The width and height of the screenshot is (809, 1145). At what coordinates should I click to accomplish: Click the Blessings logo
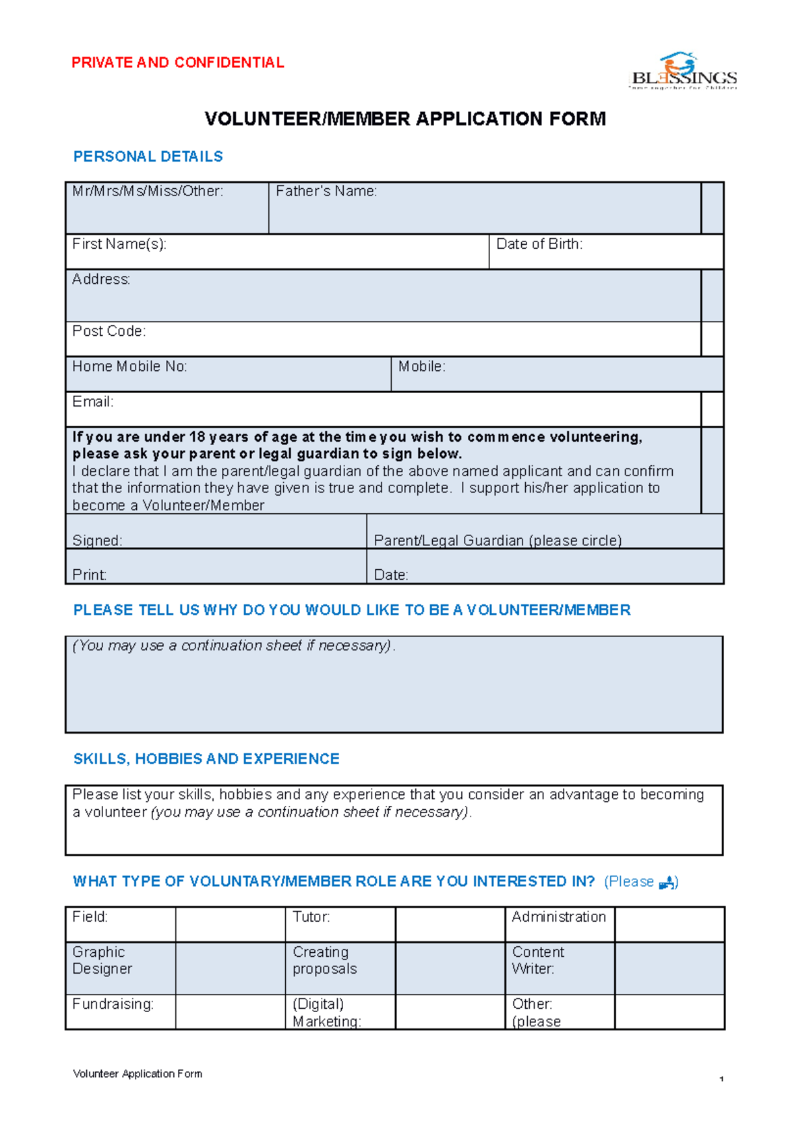coord(683,71)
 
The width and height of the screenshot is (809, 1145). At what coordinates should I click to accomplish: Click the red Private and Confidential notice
coord(177,63)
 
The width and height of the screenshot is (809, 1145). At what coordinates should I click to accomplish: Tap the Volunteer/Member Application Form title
coord(405,119)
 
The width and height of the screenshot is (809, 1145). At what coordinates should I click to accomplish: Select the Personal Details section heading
coord(148,156)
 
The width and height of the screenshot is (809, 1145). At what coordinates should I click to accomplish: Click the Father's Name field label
coord(326,192)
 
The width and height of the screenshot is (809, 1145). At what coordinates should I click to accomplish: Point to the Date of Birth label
coord(539,244)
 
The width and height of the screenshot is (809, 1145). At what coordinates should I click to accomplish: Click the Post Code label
coord(109,331)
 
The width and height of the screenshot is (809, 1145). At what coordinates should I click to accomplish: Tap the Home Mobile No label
coord(129,366)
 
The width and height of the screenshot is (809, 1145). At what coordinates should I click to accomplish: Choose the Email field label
coord(93,402)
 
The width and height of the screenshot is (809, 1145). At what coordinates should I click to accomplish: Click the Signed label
coord(97,540)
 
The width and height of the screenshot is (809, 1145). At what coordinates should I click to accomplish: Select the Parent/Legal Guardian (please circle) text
coord(498,540)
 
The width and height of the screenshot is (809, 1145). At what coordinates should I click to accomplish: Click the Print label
coord(90,575)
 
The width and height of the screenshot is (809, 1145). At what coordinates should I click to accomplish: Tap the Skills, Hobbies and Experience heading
coord(206,759)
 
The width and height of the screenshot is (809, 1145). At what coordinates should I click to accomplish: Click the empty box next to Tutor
coord(450,924)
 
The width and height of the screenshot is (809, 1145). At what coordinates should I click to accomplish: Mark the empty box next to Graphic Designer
coord(230,968)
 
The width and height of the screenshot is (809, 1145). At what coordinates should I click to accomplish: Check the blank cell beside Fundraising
coord(230,1011)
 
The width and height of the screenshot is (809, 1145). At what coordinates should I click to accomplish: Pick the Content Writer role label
coord(538,960)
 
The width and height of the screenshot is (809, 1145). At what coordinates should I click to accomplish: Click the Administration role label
coord(559,917)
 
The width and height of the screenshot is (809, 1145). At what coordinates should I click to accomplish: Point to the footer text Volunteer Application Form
coord(138,1074)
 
